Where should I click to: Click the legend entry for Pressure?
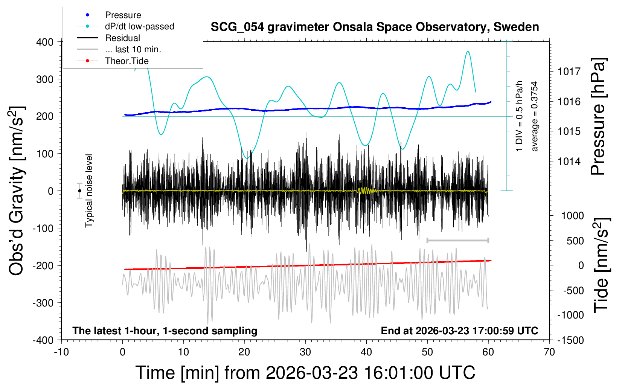point(123,15)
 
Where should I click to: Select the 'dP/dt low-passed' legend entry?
point(139,26)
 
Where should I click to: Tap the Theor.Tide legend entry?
point(127,61)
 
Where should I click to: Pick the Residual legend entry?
point(122,38)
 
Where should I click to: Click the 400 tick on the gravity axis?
point(45,42)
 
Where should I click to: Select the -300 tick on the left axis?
point(43,303)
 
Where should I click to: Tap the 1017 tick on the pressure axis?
point(569,71)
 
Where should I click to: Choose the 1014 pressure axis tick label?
point(569,162)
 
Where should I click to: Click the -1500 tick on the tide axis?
point(570,340)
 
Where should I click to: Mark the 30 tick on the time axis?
point(305,352)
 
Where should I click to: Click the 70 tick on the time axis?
point(549,352)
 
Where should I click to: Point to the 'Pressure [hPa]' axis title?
point(598,117)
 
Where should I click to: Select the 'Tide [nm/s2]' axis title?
point(601,265)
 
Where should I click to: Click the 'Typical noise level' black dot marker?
point(79,191)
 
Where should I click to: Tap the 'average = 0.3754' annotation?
point(535,116)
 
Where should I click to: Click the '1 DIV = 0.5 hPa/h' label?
point(520,116)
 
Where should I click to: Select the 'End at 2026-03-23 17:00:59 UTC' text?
point(459,331)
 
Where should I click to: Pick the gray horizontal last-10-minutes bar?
point(457,240)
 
